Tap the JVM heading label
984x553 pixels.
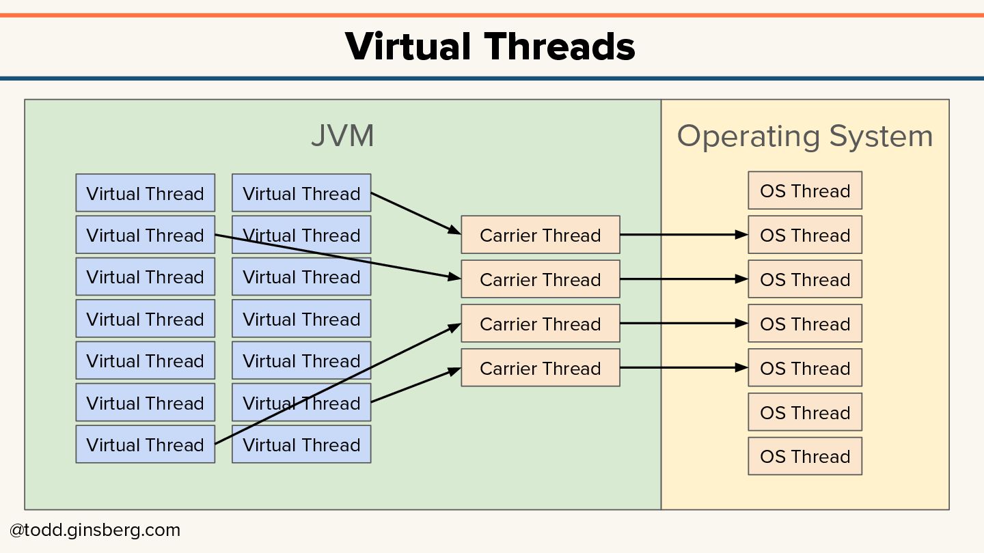pyautogui.click(x=342, y=135)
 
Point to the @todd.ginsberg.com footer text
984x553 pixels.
pyautogui.click(x=95, y=530)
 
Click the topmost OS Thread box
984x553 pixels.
pyautogui.click(x=804, y=190)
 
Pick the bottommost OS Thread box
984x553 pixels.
pyautogui.click(x=804, y=456)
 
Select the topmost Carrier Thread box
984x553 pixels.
pyautogui.click(x=540, y=235)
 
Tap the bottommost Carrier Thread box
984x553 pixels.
pyautogui.click(x=540, y=368)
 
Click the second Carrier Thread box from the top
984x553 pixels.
pyautogui.click(x=540, y=279)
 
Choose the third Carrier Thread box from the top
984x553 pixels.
pyautogui.click(x=540, y=324)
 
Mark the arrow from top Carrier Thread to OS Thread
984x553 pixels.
pyautogui.click(x=683, y=235)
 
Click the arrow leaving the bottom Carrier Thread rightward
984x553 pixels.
pyautogui.click(x=683, y=368)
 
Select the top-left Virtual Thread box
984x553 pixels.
pyautogui.click(x=145, y=193)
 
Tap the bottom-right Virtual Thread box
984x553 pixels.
pyautogui.click(x=301, y=444)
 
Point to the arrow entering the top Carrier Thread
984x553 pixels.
pyautogui.click(x=415, y=213)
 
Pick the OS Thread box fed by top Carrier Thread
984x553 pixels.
pyautogui.click(x=804, y=235)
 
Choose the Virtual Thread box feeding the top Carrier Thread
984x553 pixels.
pyautogui.click(x=301, y=193)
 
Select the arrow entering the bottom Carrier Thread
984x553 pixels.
pyautogui.click(x=415, y=385)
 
